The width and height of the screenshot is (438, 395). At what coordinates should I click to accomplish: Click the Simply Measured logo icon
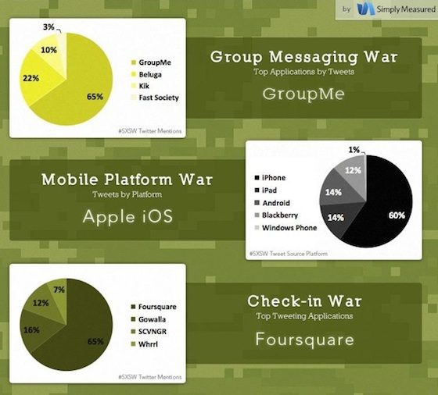point(366,9)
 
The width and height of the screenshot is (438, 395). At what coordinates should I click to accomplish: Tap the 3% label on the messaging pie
point(48,27)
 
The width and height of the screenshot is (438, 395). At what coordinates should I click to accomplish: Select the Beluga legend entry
point(146,74)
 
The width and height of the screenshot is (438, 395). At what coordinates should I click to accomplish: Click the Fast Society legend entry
point(155,98)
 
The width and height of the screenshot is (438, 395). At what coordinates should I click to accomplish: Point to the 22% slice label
point(31,78)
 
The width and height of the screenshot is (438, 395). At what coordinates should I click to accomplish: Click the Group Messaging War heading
point(304,57)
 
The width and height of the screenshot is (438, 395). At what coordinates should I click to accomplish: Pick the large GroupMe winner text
point(303,94)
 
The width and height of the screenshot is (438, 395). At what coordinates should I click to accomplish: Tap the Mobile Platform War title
point(127,180)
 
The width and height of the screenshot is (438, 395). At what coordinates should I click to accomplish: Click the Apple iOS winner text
point(127,216)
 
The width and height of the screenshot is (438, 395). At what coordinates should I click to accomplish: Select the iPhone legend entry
point(270,178)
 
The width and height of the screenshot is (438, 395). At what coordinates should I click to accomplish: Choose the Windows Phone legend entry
point(285,228)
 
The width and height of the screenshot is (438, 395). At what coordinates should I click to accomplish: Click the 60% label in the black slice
point(397,215)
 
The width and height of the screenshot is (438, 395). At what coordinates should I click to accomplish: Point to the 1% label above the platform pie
point(354,150)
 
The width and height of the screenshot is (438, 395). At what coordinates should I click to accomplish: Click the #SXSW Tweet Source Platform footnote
point(289,254)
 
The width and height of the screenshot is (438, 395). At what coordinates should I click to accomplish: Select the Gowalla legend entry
point(149,319)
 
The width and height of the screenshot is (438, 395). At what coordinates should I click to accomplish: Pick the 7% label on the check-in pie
point(59,290)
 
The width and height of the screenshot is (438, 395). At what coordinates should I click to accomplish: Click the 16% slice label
point(31,330)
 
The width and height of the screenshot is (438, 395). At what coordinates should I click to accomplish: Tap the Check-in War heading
point(304,301)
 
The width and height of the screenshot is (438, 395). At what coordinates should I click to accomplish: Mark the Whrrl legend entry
point(145,344)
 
